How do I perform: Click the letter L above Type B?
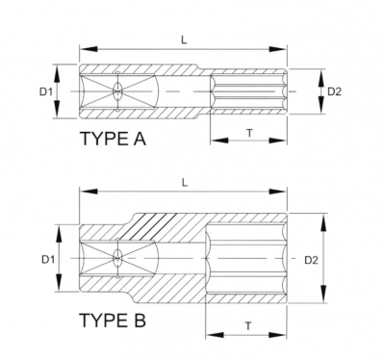185,179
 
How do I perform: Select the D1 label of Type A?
44,92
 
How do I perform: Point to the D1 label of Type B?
44,259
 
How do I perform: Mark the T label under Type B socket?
249,326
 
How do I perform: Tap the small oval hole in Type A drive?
115,92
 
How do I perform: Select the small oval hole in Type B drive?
115,259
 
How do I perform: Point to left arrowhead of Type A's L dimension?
85,46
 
